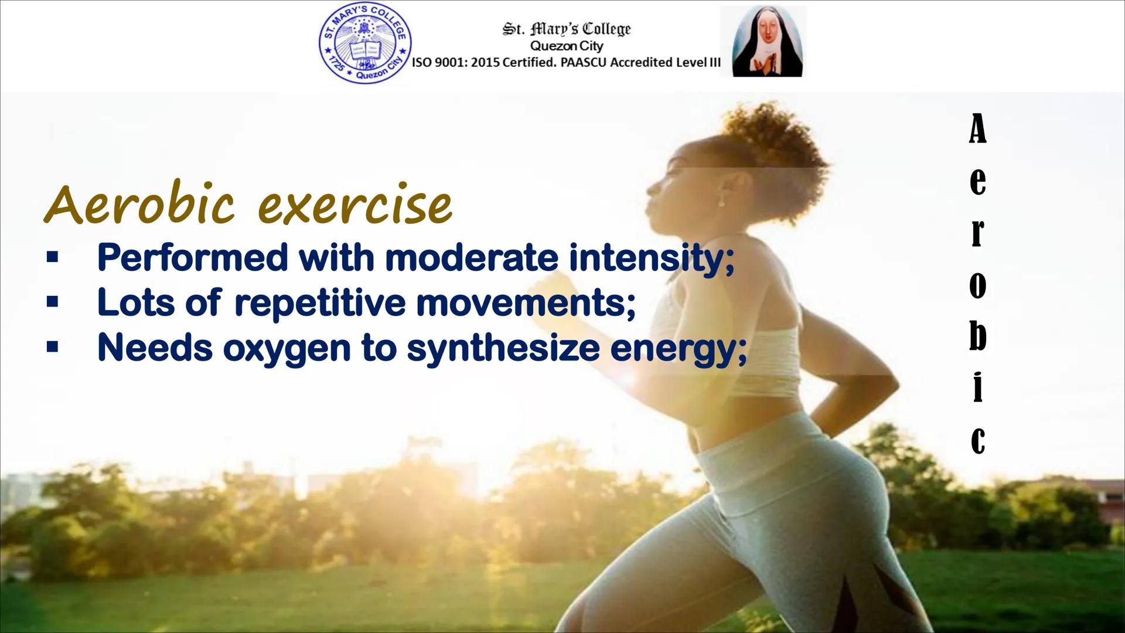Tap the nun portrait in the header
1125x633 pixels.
763,41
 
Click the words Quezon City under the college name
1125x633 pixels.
566,46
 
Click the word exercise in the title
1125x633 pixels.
355,205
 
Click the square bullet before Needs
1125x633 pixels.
53,348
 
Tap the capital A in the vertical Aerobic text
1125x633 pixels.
977,128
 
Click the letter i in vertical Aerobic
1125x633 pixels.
977,384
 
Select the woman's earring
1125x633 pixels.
721,201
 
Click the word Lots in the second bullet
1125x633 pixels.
136,302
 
